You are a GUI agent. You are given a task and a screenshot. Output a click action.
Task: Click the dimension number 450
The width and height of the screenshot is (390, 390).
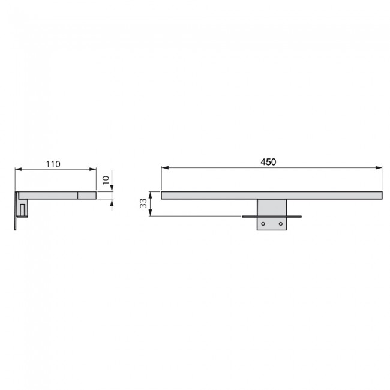click(268, 162)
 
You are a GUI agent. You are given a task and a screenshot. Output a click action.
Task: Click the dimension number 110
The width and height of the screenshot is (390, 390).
click(53, 164)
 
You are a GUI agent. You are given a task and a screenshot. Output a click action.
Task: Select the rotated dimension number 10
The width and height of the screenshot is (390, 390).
click(106, 180)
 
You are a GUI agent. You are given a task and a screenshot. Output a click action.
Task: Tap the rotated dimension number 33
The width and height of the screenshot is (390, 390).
click(143, 203)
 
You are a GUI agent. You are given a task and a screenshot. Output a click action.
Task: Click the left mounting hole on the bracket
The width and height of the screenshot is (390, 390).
click(263, 224)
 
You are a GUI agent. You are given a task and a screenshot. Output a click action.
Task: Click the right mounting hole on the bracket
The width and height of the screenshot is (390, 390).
click(281, 224)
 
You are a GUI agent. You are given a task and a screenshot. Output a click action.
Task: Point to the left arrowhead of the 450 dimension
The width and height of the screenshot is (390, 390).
click(165, 168)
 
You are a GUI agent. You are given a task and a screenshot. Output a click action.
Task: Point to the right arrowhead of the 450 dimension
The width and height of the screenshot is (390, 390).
click(379, 168)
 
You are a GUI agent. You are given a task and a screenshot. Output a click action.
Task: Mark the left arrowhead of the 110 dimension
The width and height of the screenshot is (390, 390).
click(19, 169)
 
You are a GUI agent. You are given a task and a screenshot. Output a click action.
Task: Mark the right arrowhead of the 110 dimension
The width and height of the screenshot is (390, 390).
click(93, 169)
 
